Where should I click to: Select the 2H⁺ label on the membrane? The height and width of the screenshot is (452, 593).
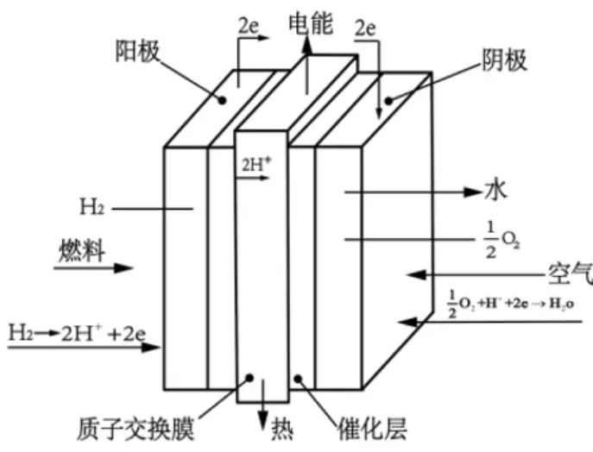tap(253, 160)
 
